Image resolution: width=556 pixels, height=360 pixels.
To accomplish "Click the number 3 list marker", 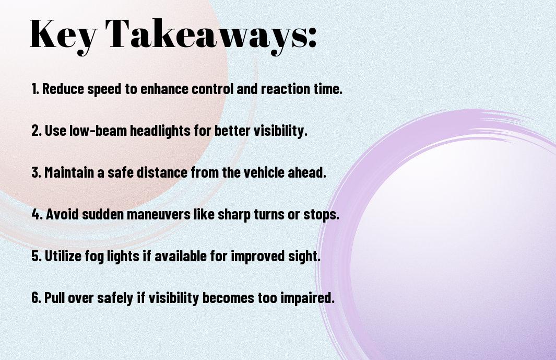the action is point(36,172).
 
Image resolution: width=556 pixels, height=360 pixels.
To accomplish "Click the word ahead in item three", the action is point(306,172).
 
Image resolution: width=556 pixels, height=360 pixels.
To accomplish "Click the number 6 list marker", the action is point(37,298).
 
